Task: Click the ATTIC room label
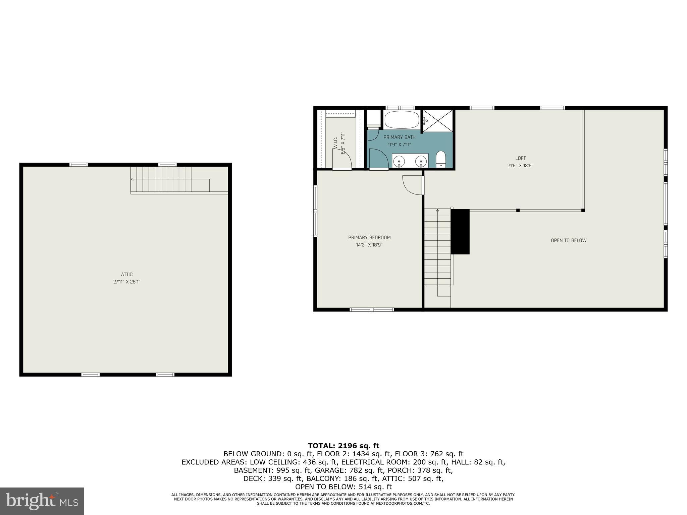[x=127, y=274]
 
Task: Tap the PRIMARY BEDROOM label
[x=369, y=237]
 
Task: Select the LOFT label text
[x=520, y=158]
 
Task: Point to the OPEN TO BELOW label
[x=569, y=240]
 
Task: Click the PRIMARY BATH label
[x=399, y=137]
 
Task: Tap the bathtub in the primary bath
[x=402, y=120]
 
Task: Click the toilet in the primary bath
[x=440, y=159]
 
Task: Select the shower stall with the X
[x=437, y=120]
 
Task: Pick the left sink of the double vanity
[x=399, y=162]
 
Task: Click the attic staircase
[x=161, y=179]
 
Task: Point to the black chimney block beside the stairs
[x=460, y=231]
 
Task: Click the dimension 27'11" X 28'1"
[x=126, y=282]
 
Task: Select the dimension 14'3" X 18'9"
[x=369, y=245]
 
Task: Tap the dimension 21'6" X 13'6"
[x=520, y=166]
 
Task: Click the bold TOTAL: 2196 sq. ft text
[x=343, y=446]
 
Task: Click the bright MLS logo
[x=42, y=501]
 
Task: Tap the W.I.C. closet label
[x=335, y=142]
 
